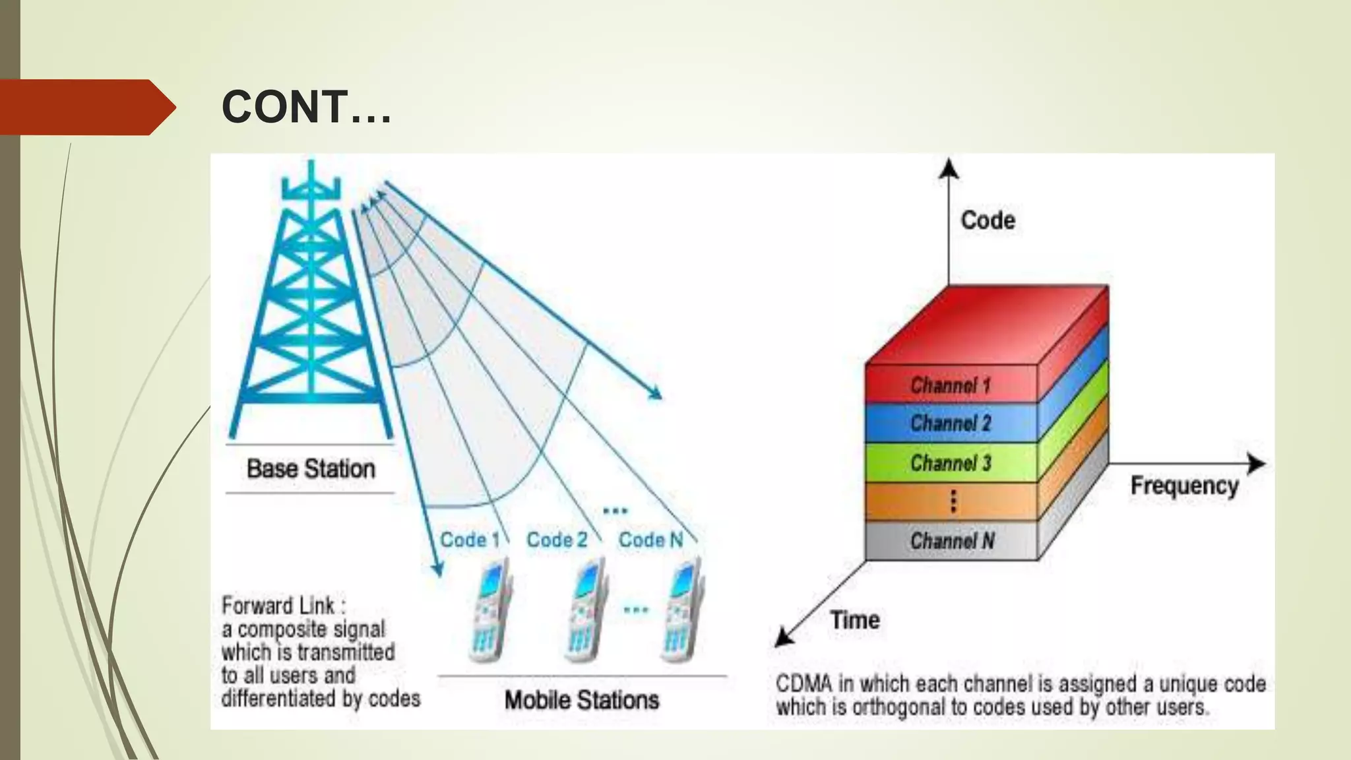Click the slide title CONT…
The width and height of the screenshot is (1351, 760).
point(306,107)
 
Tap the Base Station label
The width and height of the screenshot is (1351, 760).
point(311,469)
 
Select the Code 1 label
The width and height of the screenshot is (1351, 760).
point(470,540)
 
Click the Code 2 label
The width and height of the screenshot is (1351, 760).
point(557,540)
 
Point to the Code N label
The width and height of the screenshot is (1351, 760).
point(650,540)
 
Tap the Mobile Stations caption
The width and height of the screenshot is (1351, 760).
point(581,700)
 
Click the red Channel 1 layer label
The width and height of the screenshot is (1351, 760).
point(951,385)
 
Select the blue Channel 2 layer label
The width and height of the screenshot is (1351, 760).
point(951,423)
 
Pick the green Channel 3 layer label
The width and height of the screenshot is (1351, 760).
point(951,463)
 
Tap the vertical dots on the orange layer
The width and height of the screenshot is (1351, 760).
point(953,501)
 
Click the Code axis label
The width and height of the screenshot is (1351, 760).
point(988,220)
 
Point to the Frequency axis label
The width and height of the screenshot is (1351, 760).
point(1184,486)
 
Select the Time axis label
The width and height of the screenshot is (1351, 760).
point(855,620)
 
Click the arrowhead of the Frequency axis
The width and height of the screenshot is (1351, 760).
point(1257,464)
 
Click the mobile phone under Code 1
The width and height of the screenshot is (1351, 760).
point(489,610)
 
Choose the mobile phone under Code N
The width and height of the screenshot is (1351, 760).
point(683,610)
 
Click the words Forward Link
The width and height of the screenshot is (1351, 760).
point(278,606)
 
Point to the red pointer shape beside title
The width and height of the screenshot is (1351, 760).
point(86,108)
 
